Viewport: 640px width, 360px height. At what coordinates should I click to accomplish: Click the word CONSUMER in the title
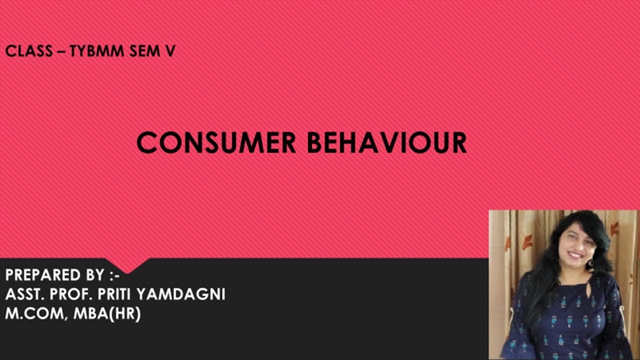pos(216,142)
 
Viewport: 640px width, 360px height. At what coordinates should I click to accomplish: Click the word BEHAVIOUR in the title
pos(386,142)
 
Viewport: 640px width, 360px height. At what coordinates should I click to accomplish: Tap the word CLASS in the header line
pos(29,51)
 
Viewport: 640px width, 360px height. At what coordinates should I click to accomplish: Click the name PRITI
pos(112,294)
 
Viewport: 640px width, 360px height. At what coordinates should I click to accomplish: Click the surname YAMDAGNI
pos(180,294)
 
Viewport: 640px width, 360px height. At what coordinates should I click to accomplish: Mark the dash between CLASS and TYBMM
pos(61,51)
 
